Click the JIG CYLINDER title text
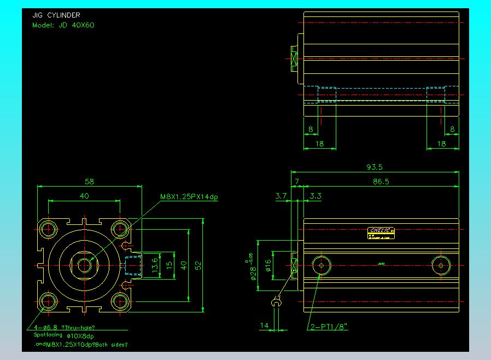[x=56, y=16]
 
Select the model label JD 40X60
[x=63, y=25]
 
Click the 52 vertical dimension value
[x=199, y=265]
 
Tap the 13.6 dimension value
[x=155, y=265]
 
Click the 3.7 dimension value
[x=281, y=195]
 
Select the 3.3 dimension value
[x=315, y=195]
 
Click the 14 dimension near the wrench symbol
[x=264, y=326]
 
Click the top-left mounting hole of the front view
[x=49, y=228]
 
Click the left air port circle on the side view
[x=321, y=265]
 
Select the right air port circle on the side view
[x=441, y=265]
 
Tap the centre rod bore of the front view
[x=84, y=265]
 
